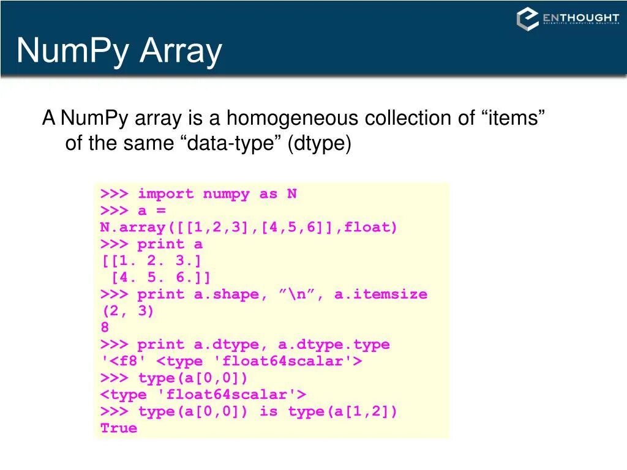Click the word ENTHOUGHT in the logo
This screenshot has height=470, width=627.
click(x=580, y=18)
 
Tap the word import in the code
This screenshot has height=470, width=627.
click(x=165, y=194)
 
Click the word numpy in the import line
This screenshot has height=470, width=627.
click(x=226, y=194)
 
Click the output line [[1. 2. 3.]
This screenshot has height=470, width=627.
click(x=151, y=261)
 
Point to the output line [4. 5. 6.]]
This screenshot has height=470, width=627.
click(x=160, y=278)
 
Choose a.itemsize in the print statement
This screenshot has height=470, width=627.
click(x=380, y=294)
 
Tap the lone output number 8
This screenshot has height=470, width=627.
click(x=105, y=327)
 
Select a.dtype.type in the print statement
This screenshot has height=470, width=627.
click(x=334, y=345)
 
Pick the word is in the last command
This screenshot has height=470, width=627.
click(x=268, y=411)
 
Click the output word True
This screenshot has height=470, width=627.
click(x=119, y=428)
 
